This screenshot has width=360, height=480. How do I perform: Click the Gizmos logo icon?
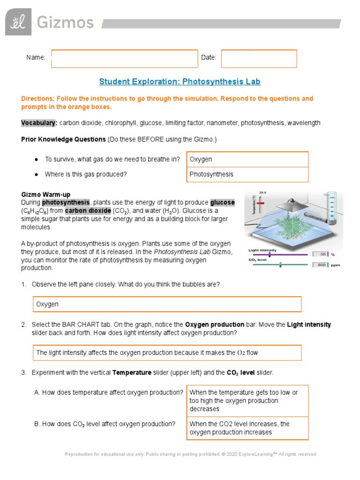click(x=18, y=22)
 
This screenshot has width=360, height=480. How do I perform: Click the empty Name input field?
click(x=124, y=59)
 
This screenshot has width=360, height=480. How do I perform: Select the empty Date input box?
click(x=259, y=59)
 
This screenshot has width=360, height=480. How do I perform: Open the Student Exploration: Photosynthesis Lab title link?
click(x=180, y=82)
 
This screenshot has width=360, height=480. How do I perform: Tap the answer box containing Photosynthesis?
click(x=247, y=174)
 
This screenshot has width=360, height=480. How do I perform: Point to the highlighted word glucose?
click(x=222, y=202)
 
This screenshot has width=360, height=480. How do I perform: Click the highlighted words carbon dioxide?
click(x=91, y=210)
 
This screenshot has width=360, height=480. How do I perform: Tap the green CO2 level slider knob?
click(x=280, y=265)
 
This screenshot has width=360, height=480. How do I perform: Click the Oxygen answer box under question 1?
click(x=167, y=304)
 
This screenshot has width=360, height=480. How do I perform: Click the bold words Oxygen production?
click(x=215, y=324)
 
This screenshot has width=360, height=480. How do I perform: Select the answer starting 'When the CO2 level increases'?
click(x=247, y=428)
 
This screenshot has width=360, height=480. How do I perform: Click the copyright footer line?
click(x=190, y=454)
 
